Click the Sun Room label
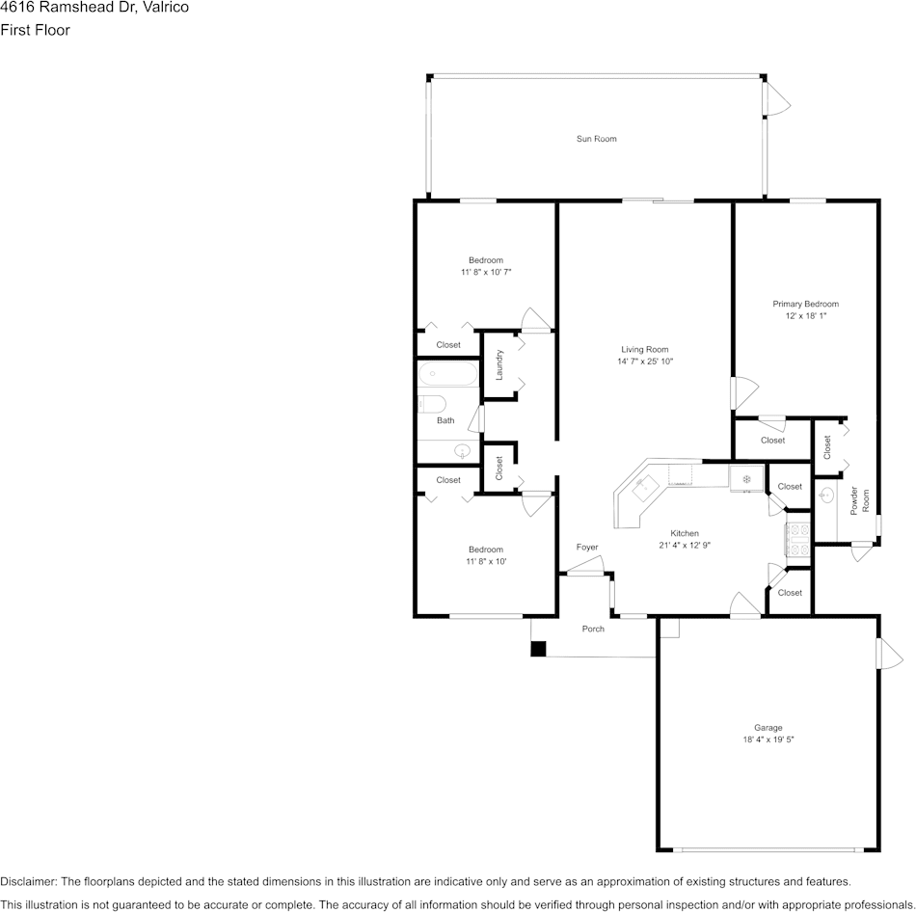point(596,139)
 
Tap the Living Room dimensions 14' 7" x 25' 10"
point(645,362)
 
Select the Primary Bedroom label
point(805,304)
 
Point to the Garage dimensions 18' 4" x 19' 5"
point(768,739)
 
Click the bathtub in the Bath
point(448,374)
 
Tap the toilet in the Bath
point(432,404)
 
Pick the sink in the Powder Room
point(826,496)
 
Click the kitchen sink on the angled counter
point(645,487)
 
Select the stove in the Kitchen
point(798,539)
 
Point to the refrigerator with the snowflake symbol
point(746,479)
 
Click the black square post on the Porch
point(538,649)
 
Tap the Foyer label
point(587,547)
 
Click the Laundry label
point(499,364)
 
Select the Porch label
point(593,629)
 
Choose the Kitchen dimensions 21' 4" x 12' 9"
point(685,545)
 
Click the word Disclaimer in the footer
point(27,881)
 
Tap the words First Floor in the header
point(35,30)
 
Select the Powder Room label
point(859,500)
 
